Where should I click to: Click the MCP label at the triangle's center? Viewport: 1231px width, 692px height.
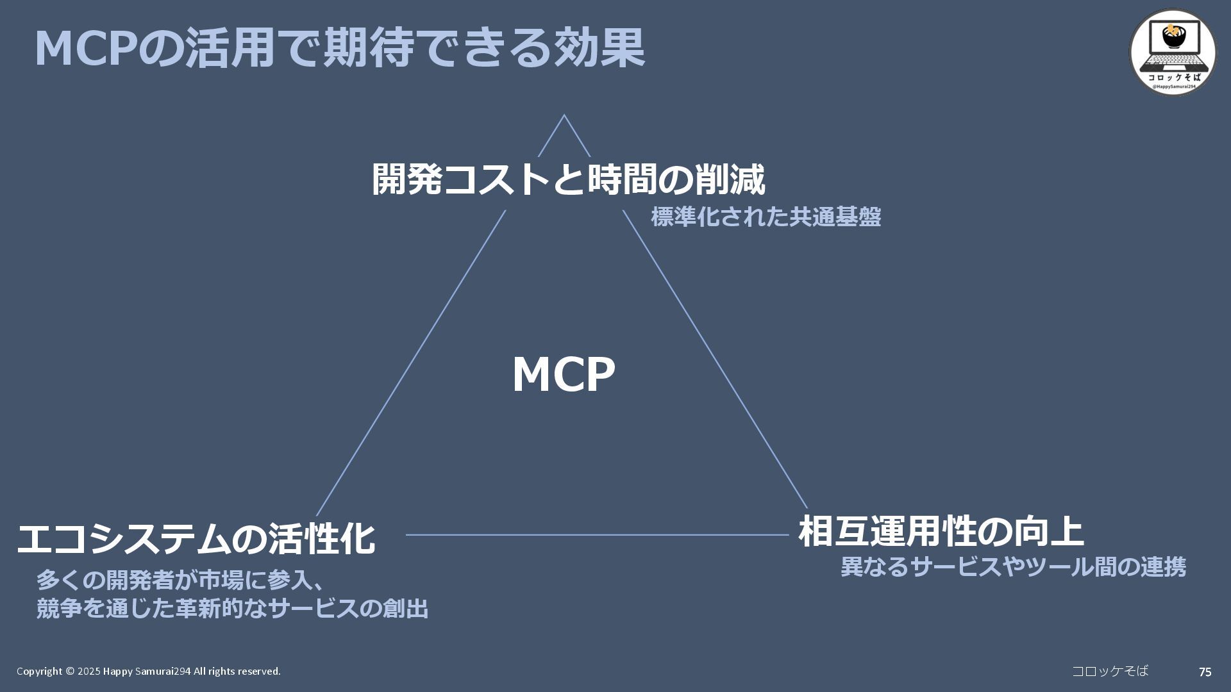coord(564,374)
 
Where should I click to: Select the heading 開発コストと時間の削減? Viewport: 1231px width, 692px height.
coord(568,179)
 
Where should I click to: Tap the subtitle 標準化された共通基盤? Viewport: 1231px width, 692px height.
coord(766,217)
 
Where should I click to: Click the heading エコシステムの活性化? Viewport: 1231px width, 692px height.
coord(196,538)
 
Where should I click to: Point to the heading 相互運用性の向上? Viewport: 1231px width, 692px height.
coord(941,531)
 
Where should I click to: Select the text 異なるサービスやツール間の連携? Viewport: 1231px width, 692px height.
coord(1013,567)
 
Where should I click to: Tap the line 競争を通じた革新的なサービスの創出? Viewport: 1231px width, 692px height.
coord(232,608)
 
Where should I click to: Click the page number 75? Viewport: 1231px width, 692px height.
coord(1205,672)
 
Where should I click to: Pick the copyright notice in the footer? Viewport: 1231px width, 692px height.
coord(148,671)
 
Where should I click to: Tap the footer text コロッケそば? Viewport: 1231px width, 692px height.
coord(1110,671)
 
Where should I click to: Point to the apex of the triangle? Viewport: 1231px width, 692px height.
coord(564,116)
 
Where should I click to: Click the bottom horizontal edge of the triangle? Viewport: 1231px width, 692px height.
coord(596,534)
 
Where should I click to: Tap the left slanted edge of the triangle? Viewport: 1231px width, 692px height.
coord(410,363)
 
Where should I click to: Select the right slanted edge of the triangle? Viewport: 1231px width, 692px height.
coord(715,359)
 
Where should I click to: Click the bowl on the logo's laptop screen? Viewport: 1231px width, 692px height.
coord(1173,37)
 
